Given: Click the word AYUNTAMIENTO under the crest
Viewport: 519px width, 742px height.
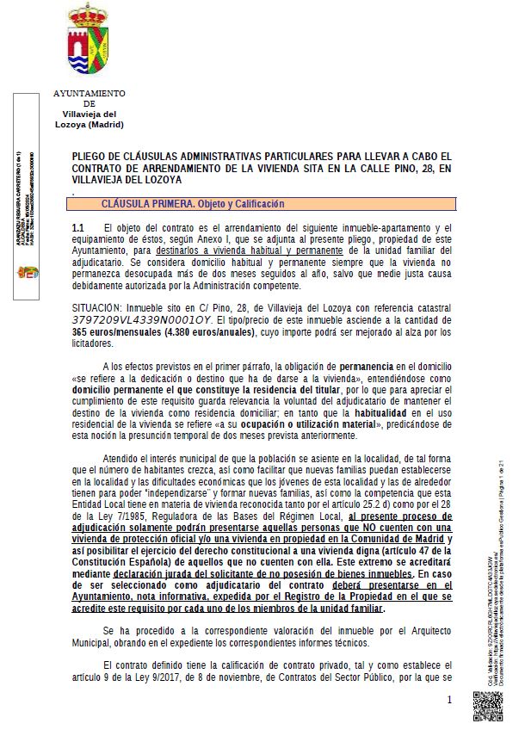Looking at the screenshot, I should (89, 93).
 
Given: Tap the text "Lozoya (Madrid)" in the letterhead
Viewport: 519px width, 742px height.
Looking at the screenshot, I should (89, 124).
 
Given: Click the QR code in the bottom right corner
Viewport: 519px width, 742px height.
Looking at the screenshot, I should (487, 707).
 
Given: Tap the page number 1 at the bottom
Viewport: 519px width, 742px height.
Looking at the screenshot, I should (449, 701).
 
